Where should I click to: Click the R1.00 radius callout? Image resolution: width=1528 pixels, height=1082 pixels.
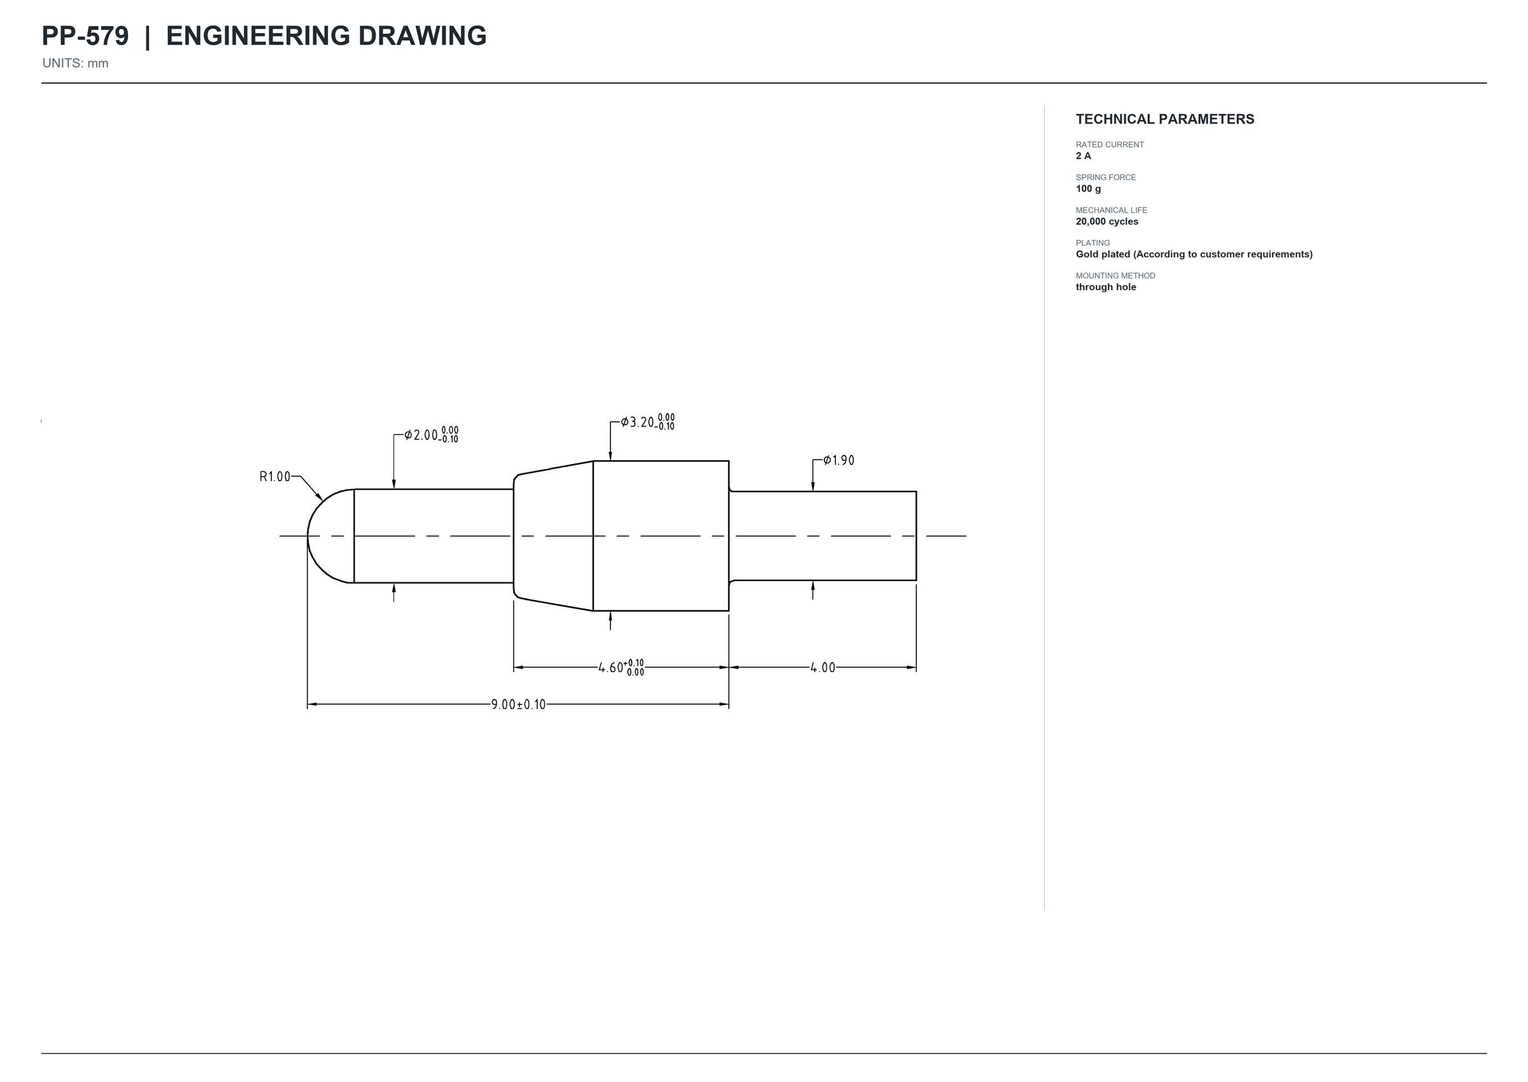click(x=274, y=477)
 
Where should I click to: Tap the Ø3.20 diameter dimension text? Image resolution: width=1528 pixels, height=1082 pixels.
click(x=647, y=423)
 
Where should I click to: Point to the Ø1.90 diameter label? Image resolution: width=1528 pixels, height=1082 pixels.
click(x=838, y=460)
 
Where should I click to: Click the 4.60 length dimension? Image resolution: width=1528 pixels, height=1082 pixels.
click(x=621, y=668)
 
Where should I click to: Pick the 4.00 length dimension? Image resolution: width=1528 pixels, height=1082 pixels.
click(x=823, y=668)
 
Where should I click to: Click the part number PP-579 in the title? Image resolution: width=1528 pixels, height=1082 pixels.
click(x=85, y=36)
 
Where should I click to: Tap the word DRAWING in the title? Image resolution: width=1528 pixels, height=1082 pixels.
click(x=423, y=36)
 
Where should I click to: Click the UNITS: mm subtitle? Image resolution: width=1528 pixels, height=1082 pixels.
click(x=75, y=63)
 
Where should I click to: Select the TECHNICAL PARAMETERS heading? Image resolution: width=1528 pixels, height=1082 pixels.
click(x=1165, y=119)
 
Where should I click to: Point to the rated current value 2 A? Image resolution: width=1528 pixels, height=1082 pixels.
click(x=1084, y=156)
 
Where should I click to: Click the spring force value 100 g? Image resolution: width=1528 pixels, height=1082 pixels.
click(x=1088, y=188)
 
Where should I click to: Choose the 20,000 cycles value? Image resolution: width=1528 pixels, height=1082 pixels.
click(x=1107, y=221)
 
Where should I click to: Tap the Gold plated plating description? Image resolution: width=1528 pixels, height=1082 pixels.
click(x=1194, y=254)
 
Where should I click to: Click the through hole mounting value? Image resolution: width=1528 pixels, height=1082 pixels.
click(x=1105, y=287)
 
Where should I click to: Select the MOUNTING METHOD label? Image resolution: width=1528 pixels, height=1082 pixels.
click(x=1115, y=276)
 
